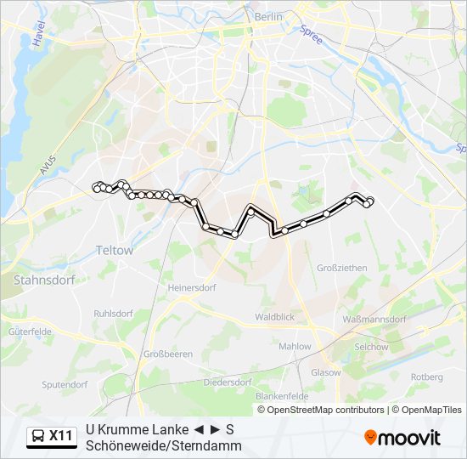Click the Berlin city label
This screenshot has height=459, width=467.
(x=268, y=17)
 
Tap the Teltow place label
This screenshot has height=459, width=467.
(x=115, y=251)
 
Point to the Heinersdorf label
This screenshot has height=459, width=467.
(x=193, y=288)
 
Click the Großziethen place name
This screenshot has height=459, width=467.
(x=341, y=268)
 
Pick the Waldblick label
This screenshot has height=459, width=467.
(x=274, y=317)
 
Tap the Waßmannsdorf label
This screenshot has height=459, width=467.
(x=374, y=320)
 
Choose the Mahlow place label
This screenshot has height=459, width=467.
(x=295, y=346)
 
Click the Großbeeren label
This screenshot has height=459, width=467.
(x=167, y=354)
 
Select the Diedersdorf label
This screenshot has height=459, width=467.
(x=228, y=382)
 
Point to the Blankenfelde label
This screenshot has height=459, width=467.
(x=279, y=396)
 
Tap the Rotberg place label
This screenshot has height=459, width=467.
(x=426, y=377)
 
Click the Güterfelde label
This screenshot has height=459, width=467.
(x=31, y=331)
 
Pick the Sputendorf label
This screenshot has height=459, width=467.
(x=65, y=384)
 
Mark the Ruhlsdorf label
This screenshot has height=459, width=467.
(x=114, y=313)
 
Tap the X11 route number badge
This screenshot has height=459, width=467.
(x=60, y=437)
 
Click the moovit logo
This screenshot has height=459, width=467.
(x=402, y=438)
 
